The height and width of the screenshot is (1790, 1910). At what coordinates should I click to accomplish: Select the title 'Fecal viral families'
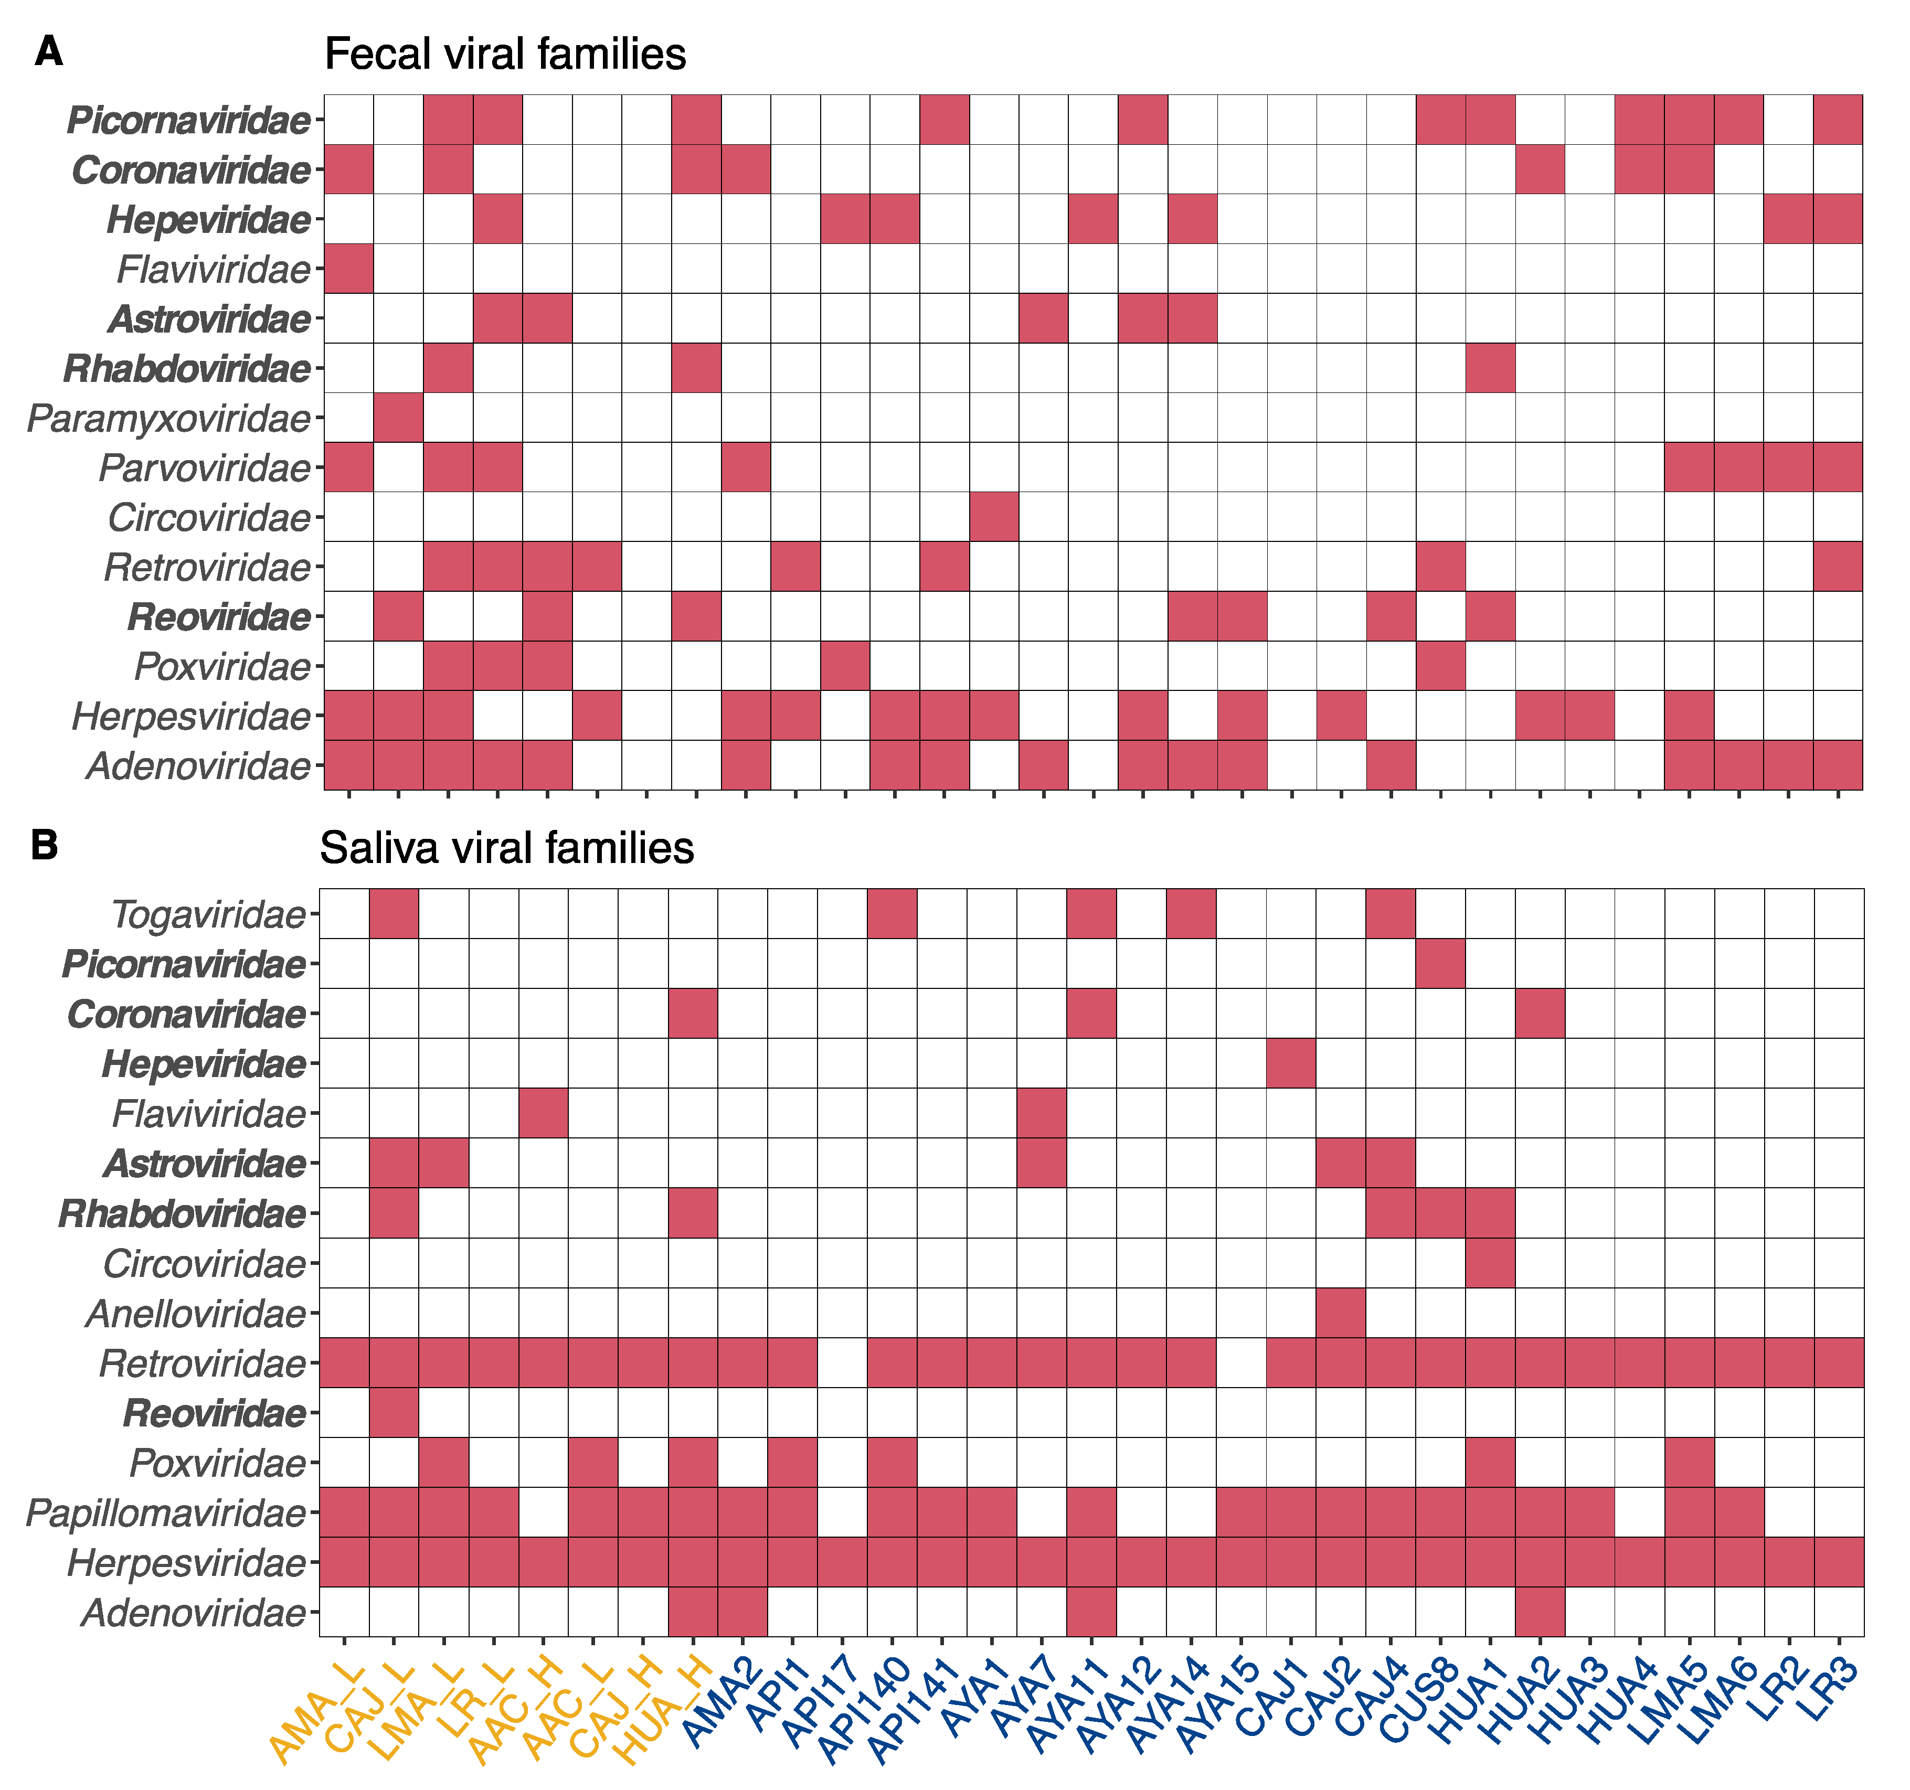[505, 55]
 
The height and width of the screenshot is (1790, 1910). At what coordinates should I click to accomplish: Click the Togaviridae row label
[208, 915]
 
